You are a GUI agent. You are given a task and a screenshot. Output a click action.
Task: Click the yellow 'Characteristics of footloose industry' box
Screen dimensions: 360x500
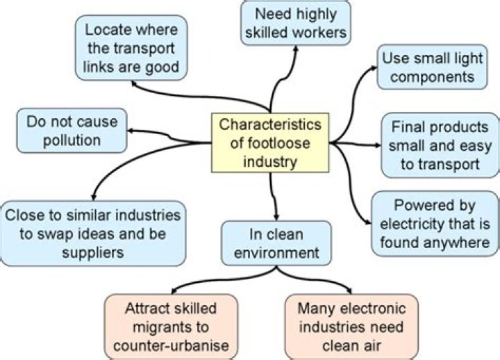coord(270,144)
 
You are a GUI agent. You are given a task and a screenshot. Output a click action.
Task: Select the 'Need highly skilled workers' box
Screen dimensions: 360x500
coord(296,22)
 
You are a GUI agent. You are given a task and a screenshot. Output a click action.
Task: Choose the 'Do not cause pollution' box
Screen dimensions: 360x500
coord(72,131)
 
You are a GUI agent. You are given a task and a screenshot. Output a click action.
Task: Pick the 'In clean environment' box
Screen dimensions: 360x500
coord(276,243)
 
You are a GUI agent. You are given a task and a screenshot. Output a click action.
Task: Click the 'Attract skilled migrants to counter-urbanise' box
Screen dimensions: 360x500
coord(171,326)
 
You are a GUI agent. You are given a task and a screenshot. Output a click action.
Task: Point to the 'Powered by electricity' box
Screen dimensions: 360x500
coord(435,224)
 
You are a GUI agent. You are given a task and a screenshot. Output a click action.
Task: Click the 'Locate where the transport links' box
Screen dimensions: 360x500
coord(131,48)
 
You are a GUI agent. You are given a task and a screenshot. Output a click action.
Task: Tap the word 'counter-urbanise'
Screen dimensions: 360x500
coord(171,345)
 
